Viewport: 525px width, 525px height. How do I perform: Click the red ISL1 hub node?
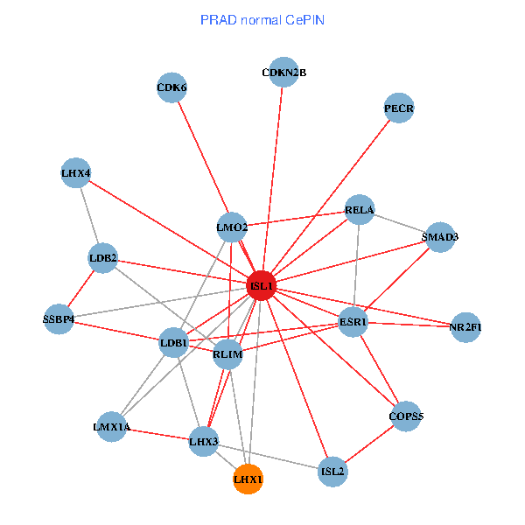click(262, 286)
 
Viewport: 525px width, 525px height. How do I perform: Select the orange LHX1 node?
click(248, 479)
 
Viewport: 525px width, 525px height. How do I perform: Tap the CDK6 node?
click(171, 87)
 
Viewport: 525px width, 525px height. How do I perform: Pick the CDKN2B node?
click(283, 73)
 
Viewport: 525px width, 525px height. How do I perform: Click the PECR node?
click(398, 109)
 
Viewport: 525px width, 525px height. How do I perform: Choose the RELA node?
click(360, 210)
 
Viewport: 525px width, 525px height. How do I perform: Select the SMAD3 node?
click(439, 237)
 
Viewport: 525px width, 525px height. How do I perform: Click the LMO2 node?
click(232, 228)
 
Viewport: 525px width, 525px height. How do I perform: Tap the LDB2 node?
click(103, 258)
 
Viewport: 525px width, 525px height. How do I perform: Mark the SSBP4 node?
click(59, 318)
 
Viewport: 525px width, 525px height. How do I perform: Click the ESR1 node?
click(353, 323)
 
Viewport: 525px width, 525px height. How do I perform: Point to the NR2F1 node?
click(465, 327)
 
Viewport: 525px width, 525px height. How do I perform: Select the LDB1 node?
click(173, 343)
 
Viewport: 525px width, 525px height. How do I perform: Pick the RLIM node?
click(227, 354)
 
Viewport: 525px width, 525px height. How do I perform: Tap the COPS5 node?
click(405, 416)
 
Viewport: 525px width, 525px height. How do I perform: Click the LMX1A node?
click(111, 427)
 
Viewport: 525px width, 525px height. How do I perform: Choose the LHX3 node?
click(204, 441)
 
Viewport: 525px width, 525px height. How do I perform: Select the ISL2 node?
click(333, 472)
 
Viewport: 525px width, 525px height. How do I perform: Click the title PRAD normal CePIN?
click(262, 19)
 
